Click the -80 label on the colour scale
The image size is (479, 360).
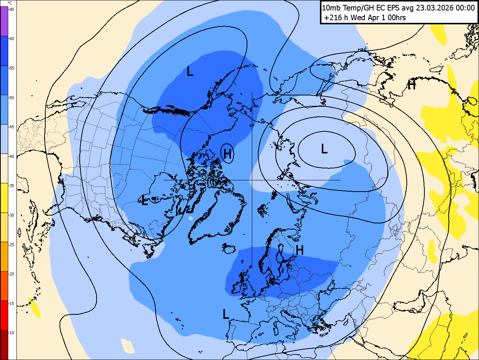[x=12, y=9]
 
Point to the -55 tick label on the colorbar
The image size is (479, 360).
[x=12, y=68]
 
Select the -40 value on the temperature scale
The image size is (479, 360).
[x=12, y=156]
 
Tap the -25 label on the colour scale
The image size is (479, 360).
[x=12, y=245]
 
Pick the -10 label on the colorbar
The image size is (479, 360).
[x=12, y=333]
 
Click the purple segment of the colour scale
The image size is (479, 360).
[x=4, y=21]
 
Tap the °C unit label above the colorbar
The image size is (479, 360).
[x=10, y=3]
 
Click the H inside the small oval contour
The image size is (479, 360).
[x=227, y=153]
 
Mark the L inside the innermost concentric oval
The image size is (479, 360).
[x=324, y=149]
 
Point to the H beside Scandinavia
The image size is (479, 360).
[x=299, y=250]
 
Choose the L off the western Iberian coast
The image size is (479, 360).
[x=226, y=314]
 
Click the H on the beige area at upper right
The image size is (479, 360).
[x=412, y=85]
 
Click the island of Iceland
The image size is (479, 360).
[x=228, y=248]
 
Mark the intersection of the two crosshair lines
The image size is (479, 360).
[x=252, y=180]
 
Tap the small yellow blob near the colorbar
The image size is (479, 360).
[x=34, y=308]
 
